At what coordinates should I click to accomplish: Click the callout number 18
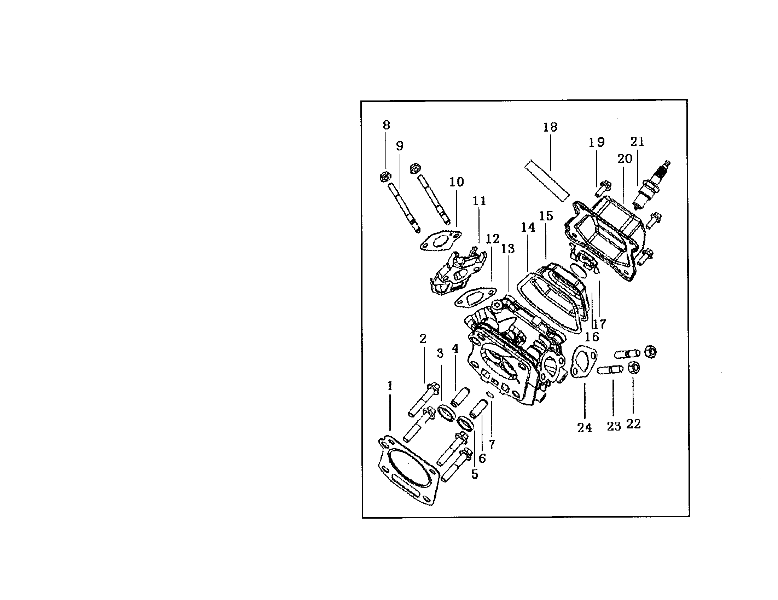(550, 127)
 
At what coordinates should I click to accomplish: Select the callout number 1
(390, 386)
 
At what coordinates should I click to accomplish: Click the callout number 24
(585, 428)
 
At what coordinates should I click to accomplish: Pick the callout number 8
(386, 125)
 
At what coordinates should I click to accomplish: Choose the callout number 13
(508, 249)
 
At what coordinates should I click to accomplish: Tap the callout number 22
(633, 424)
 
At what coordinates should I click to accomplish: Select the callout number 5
(475, 474)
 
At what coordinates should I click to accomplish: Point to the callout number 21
(638, 142)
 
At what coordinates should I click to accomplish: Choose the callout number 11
(479, 201)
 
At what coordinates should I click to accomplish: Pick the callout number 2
(423, 338)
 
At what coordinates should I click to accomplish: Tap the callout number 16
(592, 337)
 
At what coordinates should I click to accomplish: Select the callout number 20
(625, 159)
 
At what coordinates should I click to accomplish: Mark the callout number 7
(492, 444)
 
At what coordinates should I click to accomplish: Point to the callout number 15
(546, 216)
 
